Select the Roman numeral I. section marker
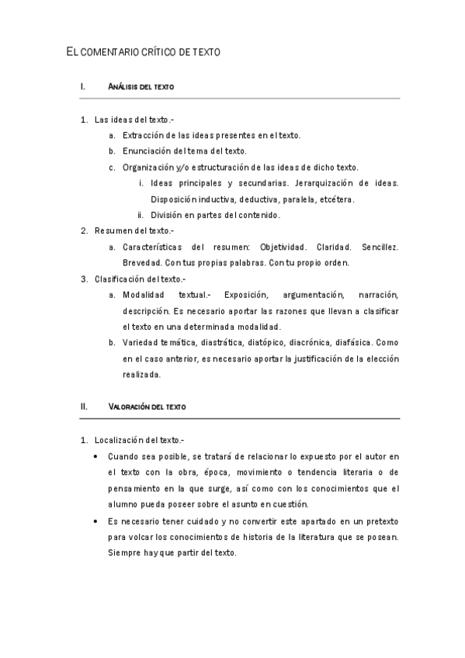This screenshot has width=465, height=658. click(x=83, y=87)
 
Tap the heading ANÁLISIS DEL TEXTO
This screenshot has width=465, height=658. click(x=141, y=87)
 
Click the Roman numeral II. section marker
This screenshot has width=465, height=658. click(x=85, y=406)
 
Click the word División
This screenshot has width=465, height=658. click(x=167, y=215)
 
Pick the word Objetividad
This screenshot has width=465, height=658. click(x=283, y=247)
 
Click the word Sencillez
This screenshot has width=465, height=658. click(x=380, y=247)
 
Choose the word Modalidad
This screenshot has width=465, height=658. click(x=143, y=295)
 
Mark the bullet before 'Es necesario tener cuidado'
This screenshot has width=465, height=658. click(x=95, y=520)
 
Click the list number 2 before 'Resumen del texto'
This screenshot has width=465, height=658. click(x=83, y=230)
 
